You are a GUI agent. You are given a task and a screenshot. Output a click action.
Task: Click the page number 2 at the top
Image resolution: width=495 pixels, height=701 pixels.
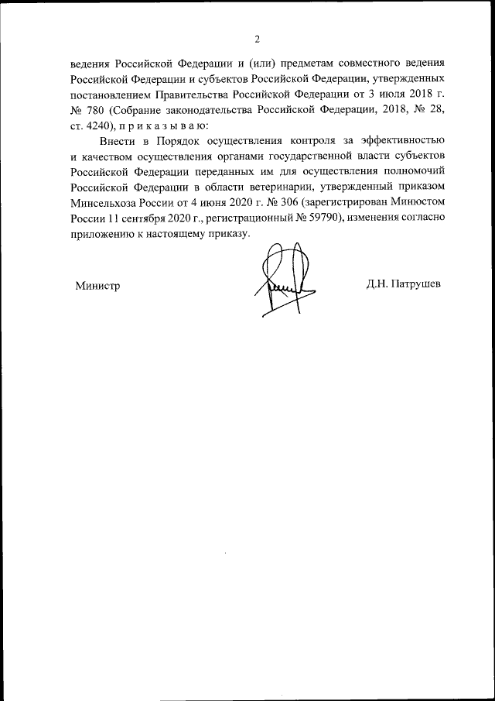(257, 40)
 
